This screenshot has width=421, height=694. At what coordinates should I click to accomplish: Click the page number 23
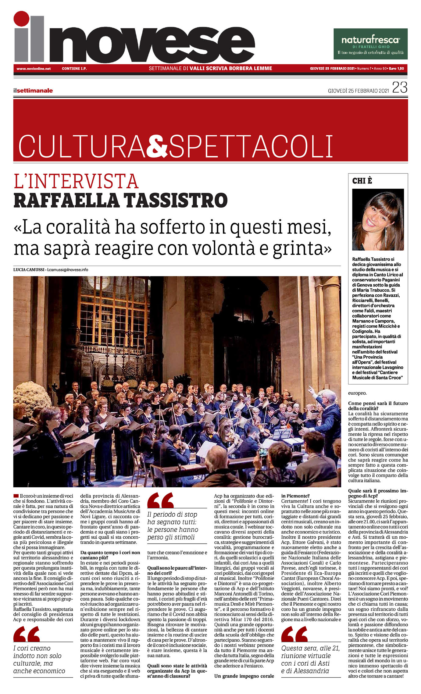coord(400,88)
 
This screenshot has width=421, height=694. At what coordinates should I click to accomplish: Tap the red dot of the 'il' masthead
coord(21,19)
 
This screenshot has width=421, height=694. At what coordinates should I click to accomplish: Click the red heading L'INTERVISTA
coord(76,181)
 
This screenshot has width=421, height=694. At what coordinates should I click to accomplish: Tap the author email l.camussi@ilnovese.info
coord(68,270)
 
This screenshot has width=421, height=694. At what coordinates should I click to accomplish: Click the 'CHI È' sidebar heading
coord(362,181)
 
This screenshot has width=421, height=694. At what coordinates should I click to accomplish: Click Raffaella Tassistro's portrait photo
coord(378,219)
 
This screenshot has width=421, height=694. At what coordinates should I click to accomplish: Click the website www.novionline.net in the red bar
coord(34,69)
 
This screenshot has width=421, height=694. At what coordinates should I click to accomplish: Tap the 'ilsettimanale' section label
coord(33,91)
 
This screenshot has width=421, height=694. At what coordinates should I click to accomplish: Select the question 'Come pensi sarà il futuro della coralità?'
coord(378,406)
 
